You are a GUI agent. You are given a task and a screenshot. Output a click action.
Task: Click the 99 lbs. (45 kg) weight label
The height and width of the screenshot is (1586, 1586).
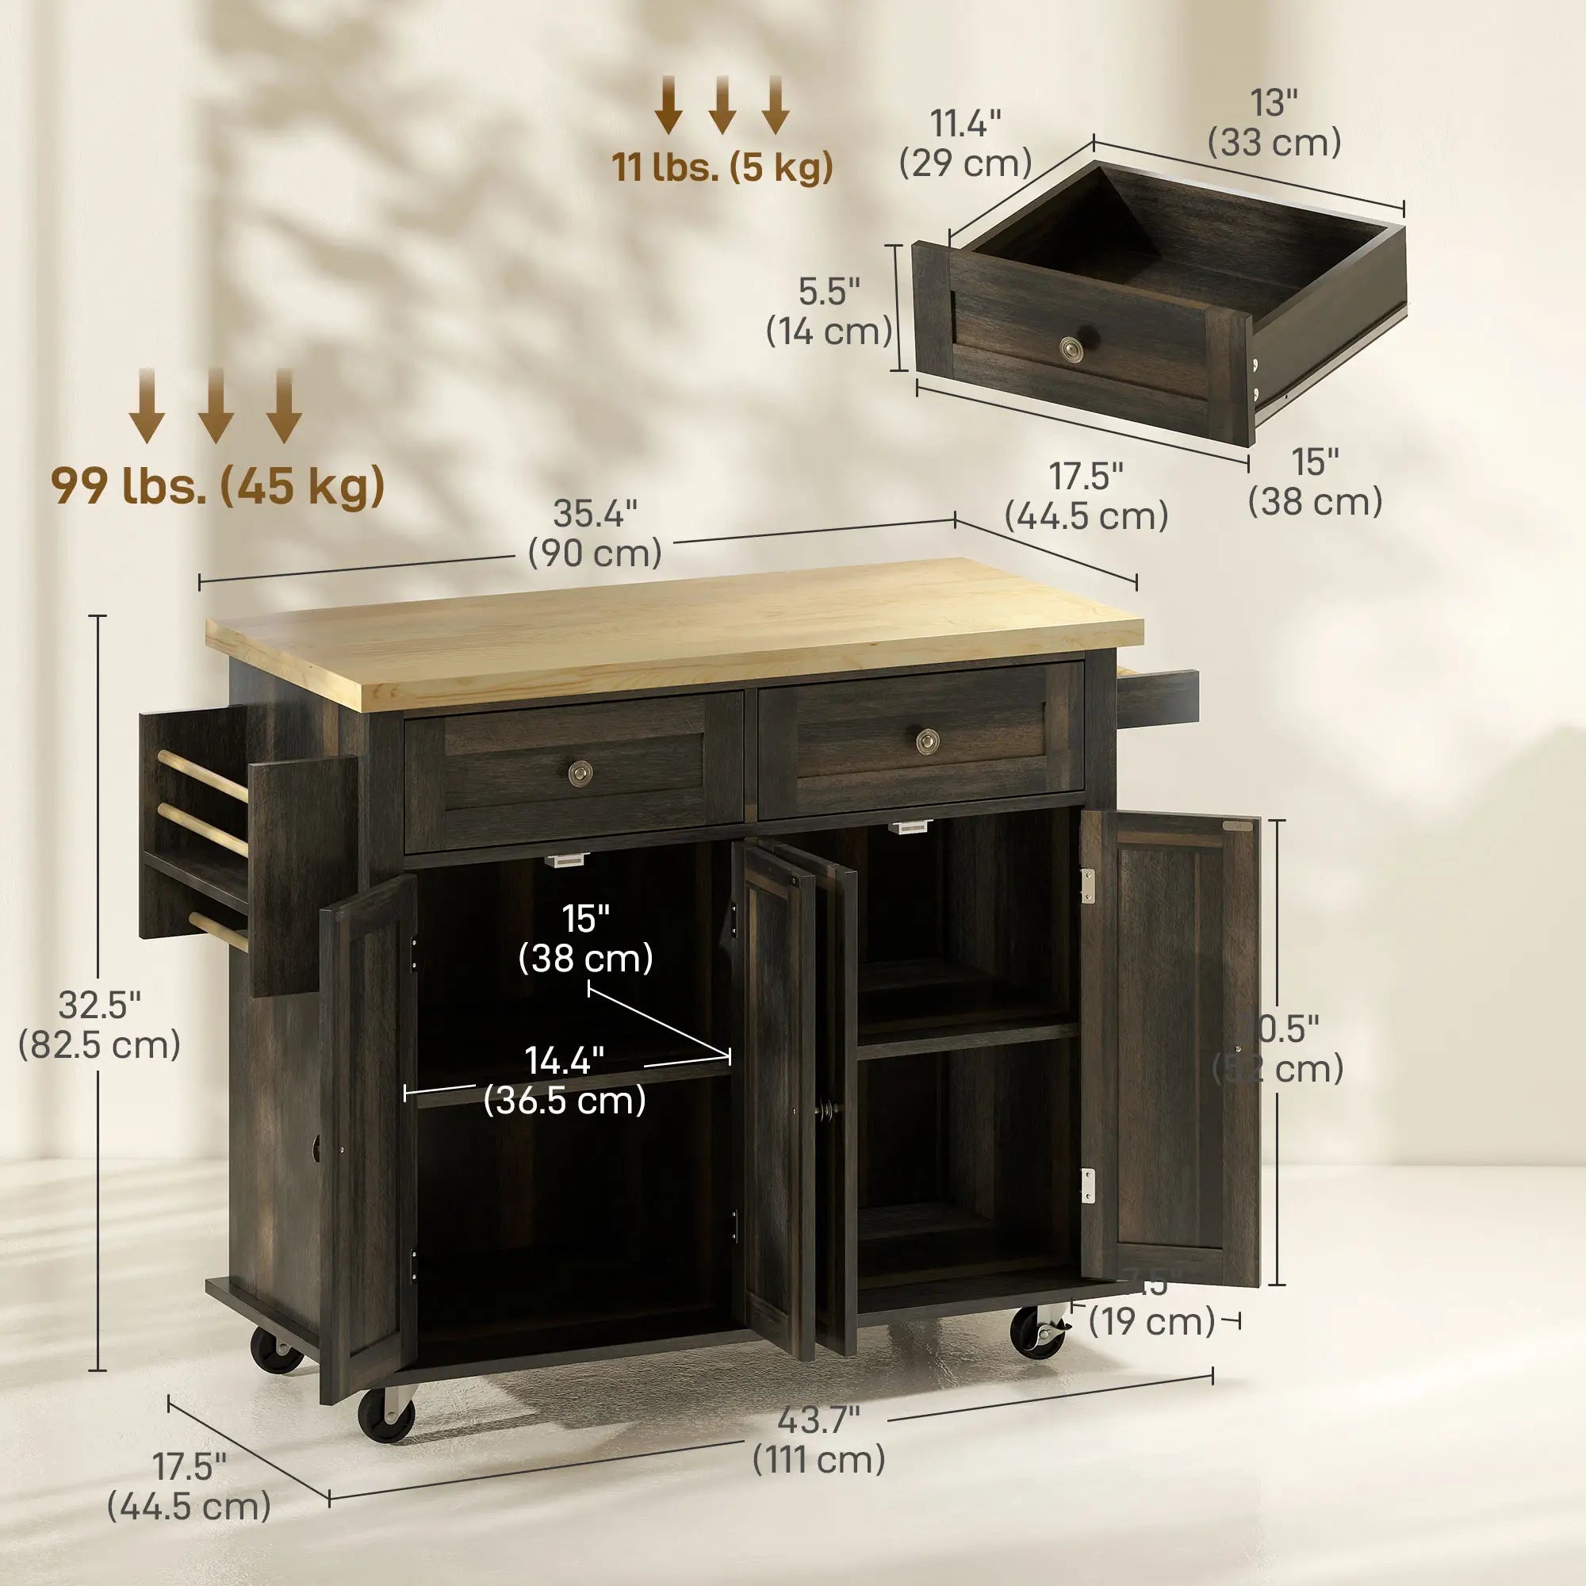tap(217, 486)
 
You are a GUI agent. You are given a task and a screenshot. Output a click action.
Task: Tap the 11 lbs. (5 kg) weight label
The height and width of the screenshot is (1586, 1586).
tap(722, 167)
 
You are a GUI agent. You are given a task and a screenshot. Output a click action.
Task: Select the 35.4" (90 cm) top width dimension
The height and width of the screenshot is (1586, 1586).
tap(596, 534)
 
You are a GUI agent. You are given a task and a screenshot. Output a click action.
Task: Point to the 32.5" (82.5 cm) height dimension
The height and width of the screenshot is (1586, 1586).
tap(99, 1025)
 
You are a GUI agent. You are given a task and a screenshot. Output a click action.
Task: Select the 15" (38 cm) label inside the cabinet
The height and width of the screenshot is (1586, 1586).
tap(585, 938)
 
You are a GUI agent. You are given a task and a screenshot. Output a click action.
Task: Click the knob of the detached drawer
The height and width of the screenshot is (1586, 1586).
tap(1071, 349)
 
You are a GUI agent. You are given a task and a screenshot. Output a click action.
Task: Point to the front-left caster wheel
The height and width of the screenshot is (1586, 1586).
tap(386, 1415)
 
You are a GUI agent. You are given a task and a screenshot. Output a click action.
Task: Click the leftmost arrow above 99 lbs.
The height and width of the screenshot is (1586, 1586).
tap(147, 405)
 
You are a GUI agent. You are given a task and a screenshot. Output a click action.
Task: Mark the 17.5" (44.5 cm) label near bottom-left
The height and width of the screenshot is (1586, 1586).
tap(190, 1486)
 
